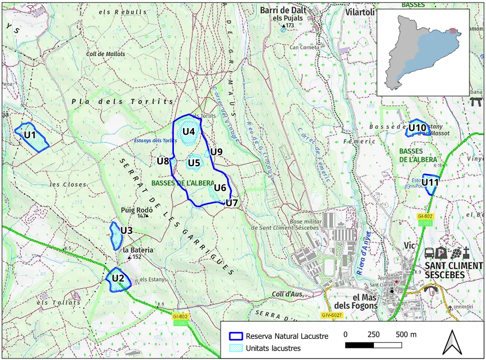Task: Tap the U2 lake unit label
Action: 118,278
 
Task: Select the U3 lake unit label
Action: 126,231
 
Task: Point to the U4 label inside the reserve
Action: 188,132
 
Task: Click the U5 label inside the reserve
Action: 194,162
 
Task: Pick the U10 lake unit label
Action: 417,128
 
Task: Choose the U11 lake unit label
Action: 430,182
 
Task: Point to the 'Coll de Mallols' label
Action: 106,54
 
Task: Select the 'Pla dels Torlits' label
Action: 122,102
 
